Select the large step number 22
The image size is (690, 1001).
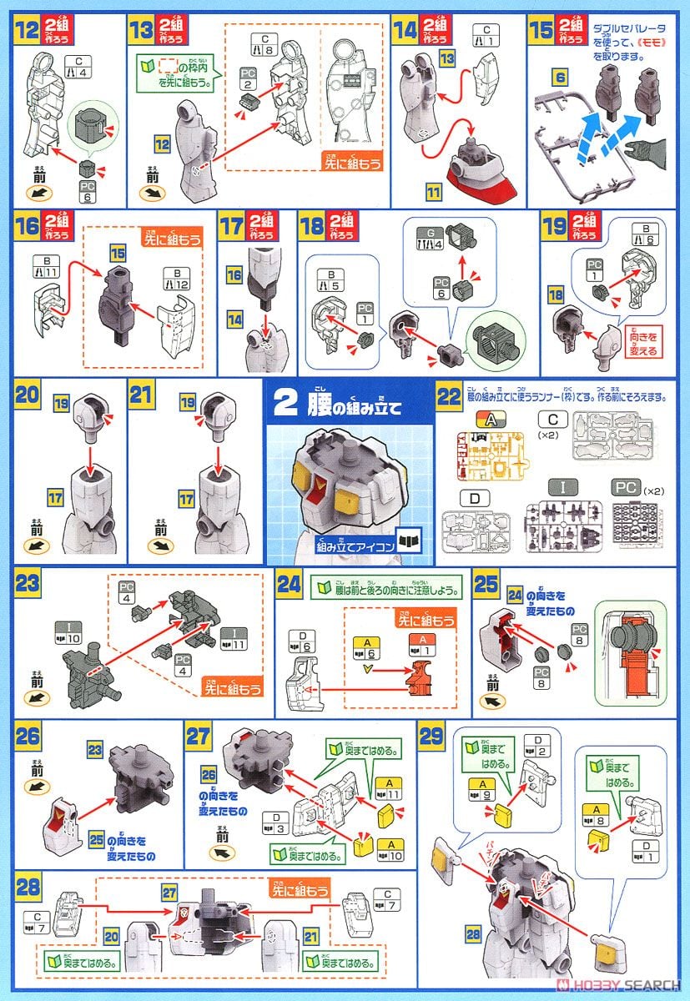(x=450, y=395)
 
